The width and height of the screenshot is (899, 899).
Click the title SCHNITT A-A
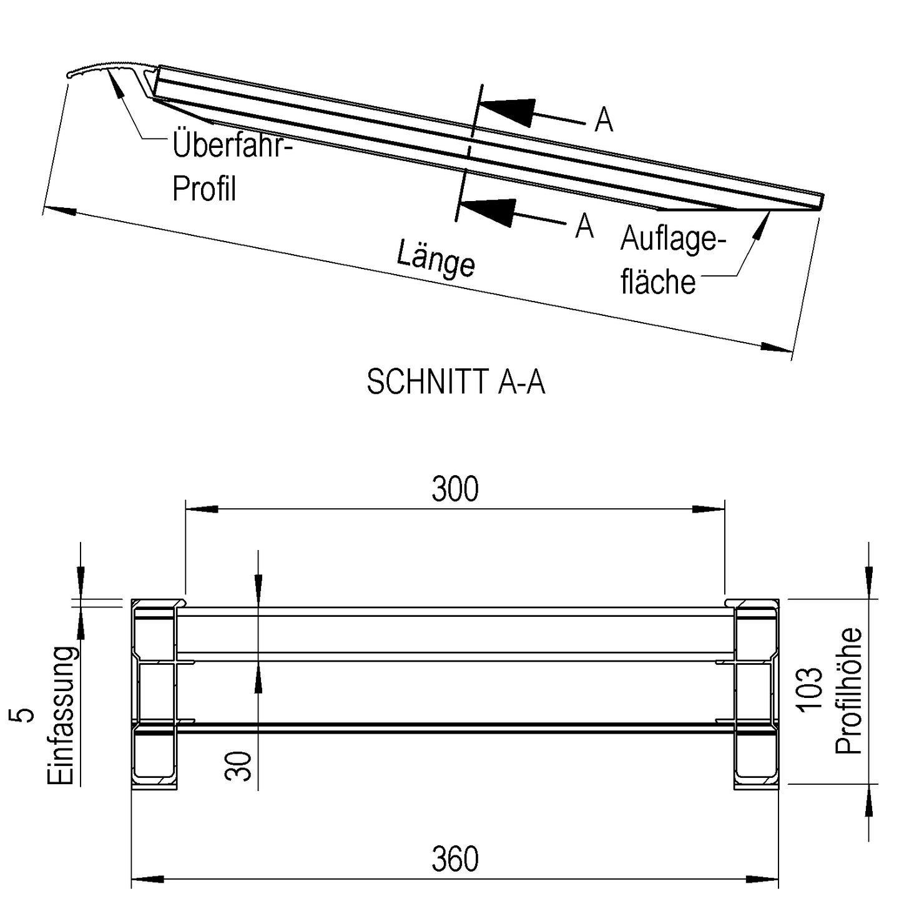[456, 381]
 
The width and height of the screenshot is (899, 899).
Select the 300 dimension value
[455, 489]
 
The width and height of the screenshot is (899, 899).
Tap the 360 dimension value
[455, 859]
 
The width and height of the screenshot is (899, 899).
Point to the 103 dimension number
[810, 689]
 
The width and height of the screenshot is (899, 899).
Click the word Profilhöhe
[849, 690]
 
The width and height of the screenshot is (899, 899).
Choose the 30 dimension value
[238, 766]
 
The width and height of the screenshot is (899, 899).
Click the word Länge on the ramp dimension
[436, 258]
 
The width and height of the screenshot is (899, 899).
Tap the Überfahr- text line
[232, 145]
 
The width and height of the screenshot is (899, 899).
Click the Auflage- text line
[673, 239]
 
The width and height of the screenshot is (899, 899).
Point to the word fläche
[658, 282]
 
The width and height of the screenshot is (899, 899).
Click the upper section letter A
[604, 120]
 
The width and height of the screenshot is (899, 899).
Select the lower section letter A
[584, 226]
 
